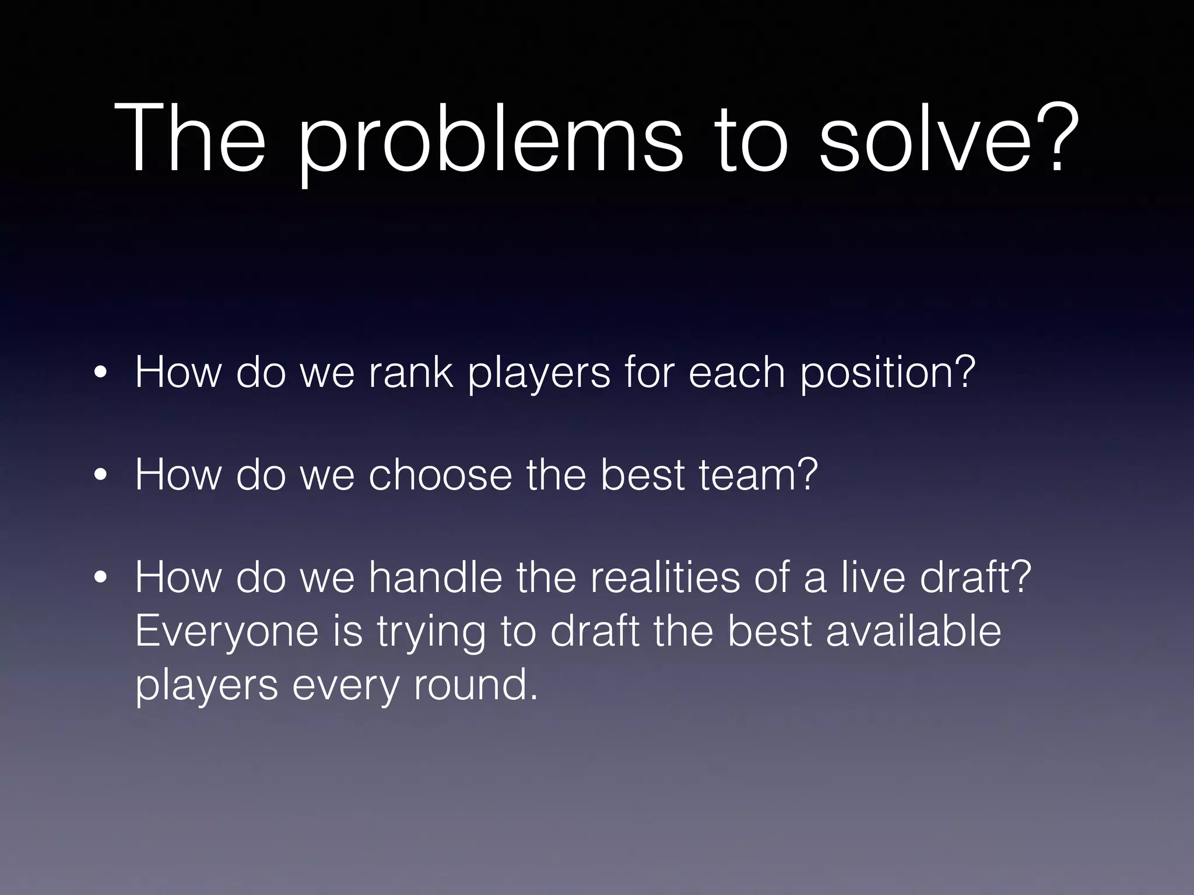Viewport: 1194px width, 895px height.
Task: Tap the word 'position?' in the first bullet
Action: click(887, 373)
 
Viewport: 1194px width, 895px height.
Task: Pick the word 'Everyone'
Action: click(227, 632)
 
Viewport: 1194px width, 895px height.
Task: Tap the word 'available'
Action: click(913, 630)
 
